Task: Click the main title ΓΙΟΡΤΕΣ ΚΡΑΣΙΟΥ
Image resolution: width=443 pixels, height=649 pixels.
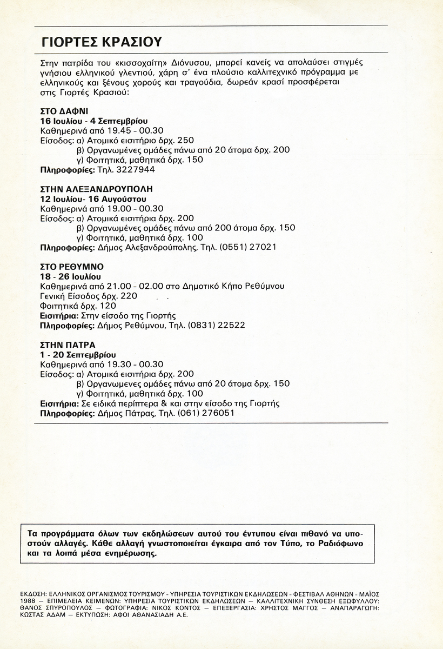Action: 101,42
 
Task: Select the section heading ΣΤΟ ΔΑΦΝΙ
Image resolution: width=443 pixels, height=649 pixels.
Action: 64,111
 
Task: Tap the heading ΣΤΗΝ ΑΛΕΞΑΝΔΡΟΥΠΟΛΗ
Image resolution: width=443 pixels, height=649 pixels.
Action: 97,189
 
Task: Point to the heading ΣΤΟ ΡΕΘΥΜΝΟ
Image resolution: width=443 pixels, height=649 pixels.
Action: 72,267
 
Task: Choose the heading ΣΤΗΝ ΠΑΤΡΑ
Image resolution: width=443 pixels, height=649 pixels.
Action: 68,345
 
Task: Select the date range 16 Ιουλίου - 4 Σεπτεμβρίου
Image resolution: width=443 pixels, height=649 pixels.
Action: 94,121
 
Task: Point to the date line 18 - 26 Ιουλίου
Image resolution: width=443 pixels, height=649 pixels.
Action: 71,276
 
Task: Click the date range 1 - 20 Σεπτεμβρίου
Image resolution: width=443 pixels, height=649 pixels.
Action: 78,354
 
